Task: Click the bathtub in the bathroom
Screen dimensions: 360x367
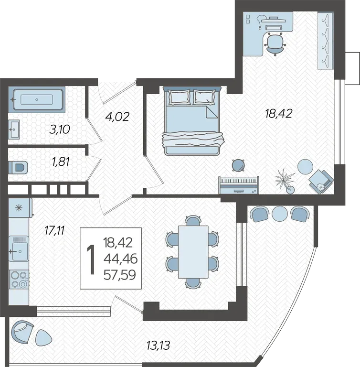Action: pos(37,100)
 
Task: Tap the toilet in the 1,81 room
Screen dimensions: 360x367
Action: pos(18,167)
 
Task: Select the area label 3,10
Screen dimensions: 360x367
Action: pos(60,130)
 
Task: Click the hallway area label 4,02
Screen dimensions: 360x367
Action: pos(117,117)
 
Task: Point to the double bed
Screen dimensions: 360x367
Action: pos(192,120)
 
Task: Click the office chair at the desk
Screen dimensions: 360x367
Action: pos(275,44)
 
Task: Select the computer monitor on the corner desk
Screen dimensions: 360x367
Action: pos(274,20)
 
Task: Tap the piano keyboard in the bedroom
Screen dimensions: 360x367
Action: pos(239,185)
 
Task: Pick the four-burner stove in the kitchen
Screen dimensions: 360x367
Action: pos(19,280)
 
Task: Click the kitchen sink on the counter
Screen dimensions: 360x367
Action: pos(19,248)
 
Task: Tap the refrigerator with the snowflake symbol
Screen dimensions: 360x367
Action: pos(20,208)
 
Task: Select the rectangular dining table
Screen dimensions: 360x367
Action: pos(193,252)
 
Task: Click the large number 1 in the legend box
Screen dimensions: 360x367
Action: pos(91,259)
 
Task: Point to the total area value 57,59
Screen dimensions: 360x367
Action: pos(120,275)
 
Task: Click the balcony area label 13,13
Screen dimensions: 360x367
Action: pos(158,345)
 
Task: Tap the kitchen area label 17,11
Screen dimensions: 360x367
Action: pos(54,230)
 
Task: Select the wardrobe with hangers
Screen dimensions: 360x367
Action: pos(325,41)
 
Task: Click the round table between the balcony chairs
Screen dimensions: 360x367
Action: pos(279,214)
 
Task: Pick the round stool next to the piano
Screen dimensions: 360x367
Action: pos(238,165)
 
